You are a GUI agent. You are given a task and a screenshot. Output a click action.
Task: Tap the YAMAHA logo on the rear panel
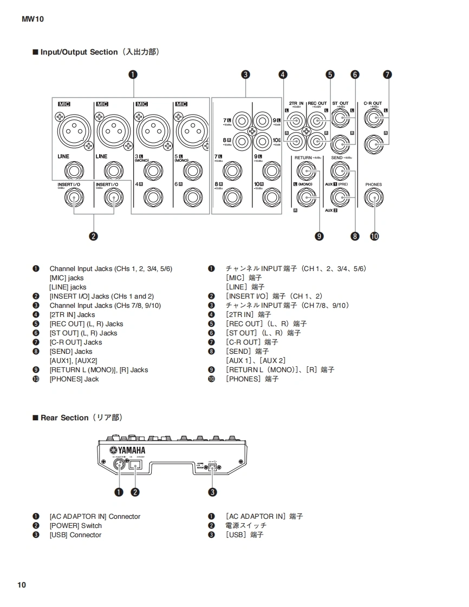[x=128, y=451]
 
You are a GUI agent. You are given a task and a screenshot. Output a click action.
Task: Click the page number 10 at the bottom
[x=21, y=585]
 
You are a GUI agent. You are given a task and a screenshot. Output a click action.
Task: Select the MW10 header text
[x=32, y=19]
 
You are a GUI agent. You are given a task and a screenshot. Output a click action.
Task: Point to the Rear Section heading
[x=64, y=418]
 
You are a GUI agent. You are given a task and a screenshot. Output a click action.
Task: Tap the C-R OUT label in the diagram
[x=373, y=103]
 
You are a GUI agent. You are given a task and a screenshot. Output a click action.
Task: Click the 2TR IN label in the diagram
[x=296, y=103]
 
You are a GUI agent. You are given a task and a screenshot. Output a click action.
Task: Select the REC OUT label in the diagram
[x=317, y=103]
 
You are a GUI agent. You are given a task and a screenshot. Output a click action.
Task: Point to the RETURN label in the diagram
[x=303, y=157]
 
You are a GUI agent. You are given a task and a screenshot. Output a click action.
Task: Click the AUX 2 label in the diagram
[x=331, y=210]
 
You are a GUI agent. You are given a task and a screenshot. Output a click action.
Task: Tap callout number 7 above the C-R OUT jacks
[x=387, y=75]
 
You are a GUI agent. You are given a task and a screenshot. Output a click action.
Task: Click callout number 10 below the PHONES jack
[x=374, y=236]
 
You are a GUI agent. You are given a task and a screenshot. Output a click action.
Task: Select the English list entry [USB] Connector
[x=75, y=535]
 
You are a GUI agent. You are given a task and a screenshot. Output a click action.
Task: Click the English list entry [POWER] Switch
[x=75, y=526]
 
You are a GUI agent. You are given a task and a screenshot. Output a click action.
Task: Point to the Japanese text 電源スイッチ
[x=246, y=526]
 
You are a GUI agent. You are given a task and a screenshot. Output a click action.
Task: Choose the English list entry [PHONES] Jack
[x=74, y=379]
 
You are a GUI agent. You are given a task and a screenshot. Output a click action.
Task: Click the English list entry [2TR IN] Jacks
[x=72, y=315]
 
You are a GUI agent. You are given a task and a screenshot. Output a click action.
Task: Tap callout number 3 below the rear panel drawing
[x=213, y=492]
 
